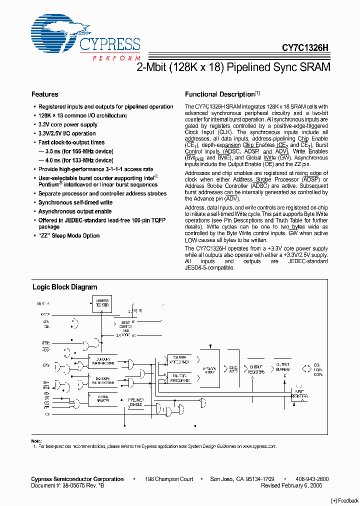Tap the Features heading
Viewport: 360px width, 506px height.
[44, 94]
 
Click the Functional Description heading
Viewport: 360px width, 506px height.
[220, 94]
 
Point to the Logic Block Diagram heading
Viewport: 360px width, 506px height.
[64, 287]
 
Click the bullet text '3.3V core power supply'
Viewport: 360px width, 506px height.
[68, 124]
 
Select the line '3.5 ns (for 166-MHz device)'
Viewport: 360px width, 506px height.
[75, 151]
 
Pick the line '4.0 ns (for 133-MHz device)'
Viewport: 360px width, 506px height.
[75, 160]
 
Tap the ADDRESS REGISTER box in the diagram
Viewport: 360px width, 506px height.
[101, 303]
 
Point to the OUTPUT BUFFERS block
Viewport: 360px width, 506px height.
[282, 368]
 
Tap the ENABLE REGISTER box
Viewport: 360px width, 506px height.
[102, 398]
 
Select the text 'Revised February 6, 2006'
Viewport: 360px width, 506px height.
[291, 485]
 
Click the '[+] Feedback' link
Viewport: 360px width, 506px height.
[345, 500]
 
